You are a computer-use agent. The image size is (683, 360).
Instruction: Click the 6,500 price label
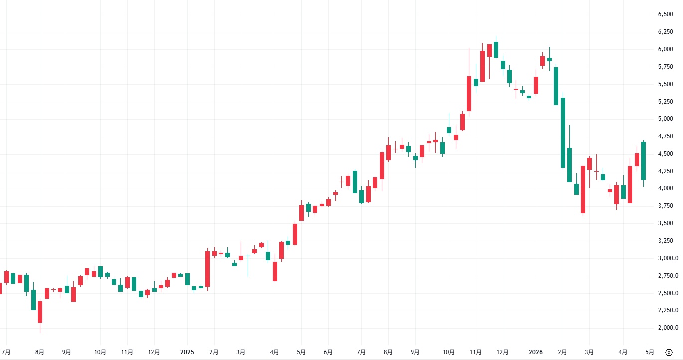coord(665,14)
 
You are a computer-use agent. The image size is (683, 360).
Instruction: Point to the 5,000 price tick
coord(665,119)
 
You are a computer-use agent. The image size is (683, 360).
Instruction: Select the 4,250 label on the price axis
coord(665,171)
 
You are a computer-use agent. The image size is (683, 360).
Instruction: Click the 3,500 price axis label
coord(665,223)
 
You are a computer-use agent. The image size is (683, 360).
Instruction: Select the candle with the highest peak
coord(496,50)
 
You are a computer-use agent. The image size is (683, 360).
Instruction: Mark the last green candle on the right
coord(644,161)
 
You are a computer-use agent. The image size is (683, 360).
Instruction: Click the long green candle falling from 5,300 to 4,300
coord(563,132)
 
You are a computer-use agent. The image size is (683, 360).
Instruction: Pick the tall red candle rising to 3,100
coord(207,269)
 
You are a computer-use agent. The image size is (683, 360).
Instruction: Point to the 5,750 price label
coord(665,67)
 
